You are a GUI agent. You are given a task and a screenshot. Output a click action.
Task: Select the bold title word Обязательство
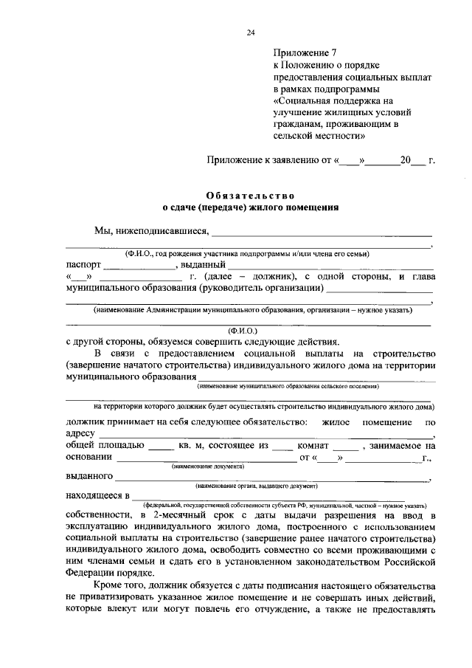tap(251, 195)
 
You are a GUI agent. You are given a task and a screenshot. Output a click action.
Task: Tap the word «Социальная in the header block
tap(302, 100)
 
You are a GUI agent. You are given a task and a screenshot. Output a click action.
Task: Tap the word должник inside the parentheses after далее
tap(276, 276)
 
